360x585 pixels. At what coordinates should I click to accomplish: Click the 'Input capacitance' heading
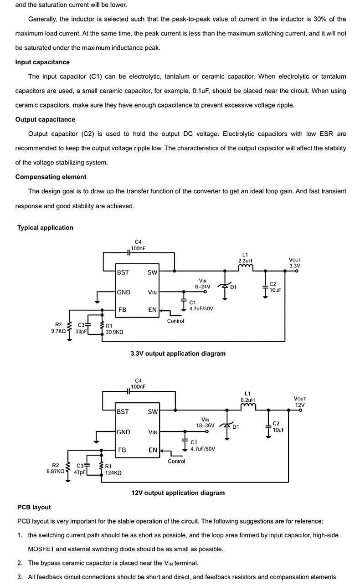[x=42, y=62]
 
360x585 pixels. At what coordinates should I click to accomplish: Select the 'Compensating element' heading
[x=51, y=177]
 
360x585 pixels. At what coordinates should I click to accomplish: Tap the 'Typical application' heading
[x=45, y=227]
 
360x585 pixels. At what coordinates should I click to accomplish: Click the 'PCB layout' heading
[x=34, y=507]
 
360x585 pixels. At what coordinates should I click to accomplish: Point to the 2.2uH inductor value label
[x=245, y=261]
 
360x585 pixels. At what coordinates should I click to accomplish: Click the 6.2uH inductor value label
[x=247, y=400]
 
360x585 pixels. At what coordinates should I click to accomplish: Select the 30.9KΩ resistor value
[x=114, y=332]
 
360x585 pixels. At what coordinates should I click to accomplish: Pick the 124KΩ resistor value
[x=113, y=473]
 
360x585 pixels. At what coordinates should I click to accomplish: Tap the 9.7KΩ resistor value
[x=58, y=331]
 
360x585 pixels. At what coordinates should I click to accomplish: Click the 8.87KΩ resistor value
[x=56, y=472]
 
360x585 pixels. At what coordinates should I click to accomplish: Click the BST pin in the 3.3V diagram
[x=123, y=272]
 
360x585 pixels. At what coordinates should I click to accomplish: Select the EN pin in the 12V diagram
[x=153, y=450]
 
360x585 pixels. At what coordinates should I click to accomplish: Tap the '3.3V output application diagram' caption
[x=178, y=354]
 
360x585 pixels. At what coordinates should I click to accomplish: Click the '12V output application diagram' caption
[x=178, y=493]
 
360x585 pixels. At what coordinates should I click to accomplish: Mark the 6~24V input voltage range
[x=202, y=287]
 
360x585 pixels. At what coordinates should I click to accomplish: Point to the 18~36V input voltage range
[x=206, y=426]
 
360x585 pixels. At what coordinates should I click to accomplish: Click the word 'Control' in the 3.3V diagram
[x=175, y=321]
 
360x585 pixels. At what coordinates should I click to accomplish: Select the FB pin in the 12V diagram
[x=122, y=450]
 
